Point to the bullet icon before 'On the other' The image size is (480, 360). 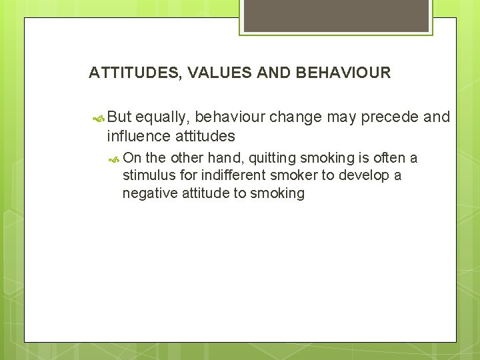[x=115, y=159]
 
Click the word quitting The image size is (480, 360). [x=271, y=158]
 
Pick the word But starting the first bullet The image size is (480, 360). [x=119, y=117]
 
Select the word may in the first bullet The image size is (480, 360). [x=340, y=117]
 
